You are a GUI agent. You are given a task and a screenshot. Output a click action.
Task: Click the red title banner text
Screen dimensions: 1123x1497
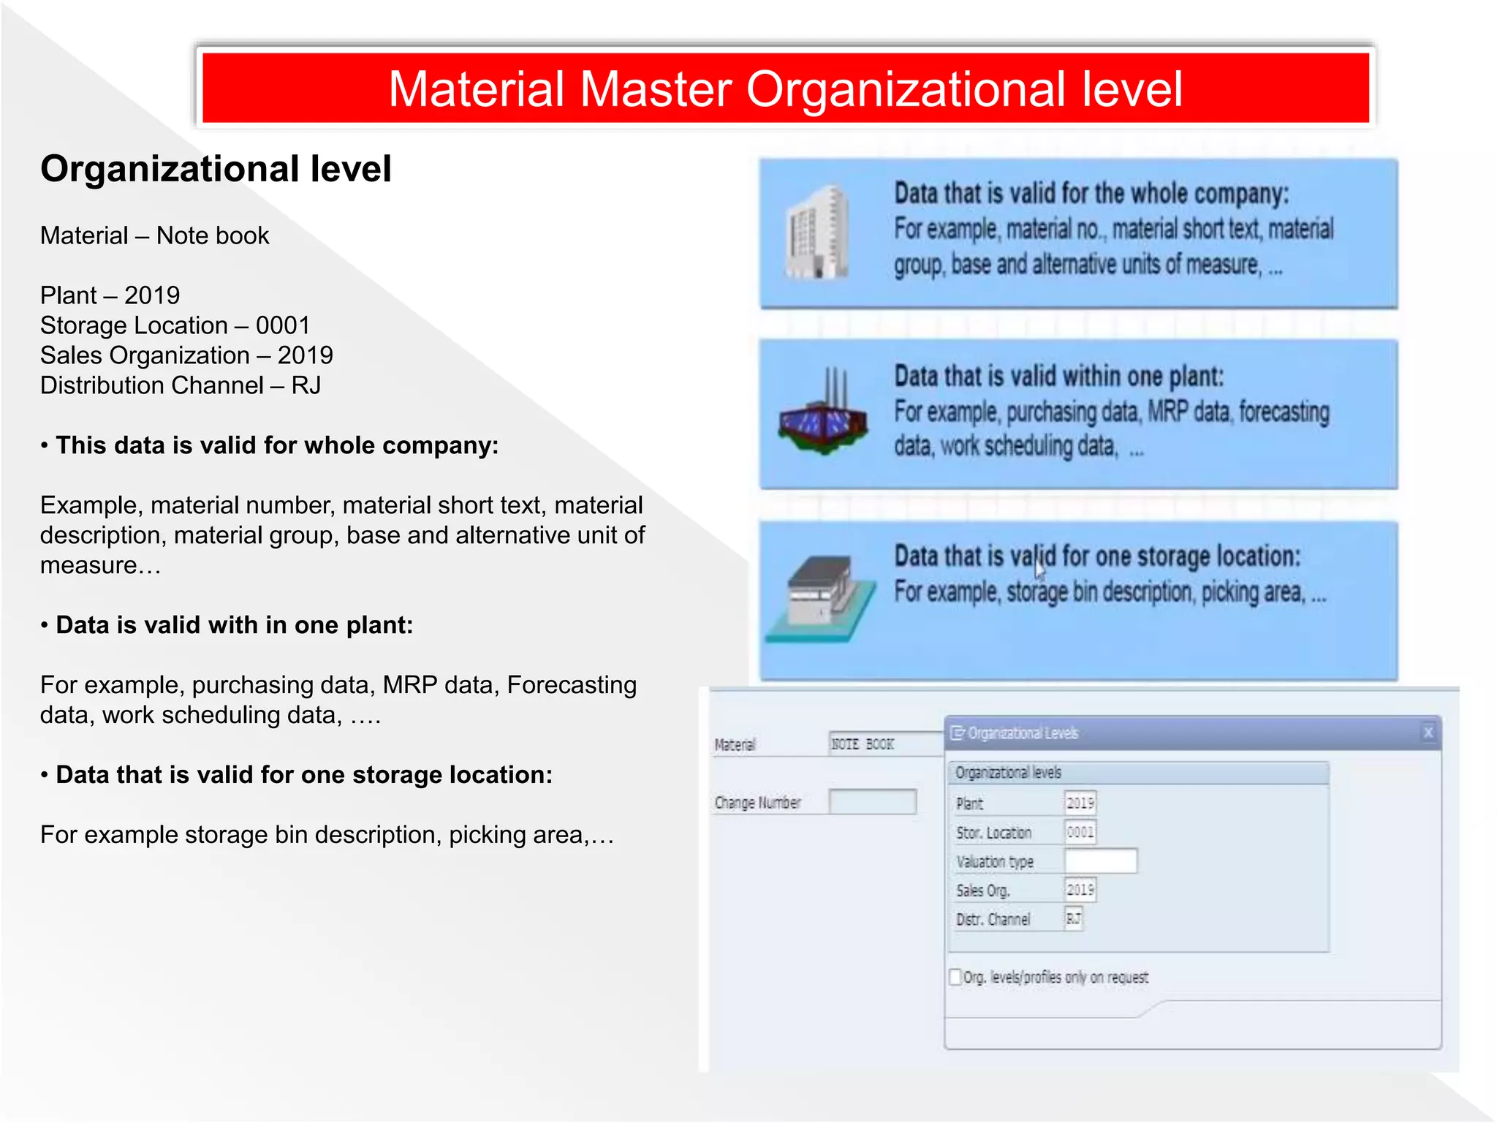[785, 89]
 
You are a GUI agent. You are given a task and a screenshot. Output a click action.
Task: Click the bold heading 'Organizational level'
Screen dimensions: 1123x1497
[216, 169]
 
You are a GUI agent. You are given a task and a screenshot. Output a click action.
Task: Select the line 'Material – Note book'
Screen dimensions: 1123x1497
[154, 236]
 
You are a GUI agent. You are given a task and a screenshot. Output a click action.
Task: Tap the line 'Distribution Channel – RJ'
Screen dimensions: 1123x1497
[180, 385]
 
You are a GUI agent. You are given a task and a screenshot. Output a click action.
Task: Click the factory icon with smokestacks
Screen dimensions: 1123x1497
[823, 414]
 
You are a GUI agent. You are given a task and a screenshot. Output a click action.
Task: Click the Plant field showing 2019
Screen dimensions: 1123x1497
[1080, 804]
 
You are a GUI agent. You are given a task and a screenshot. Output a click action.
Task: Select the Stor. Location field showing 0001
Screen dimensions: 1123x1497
[1080, 832]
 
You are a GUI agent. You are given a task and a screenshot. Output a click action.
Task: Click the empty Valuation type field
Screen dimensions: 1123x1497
[1100, 861]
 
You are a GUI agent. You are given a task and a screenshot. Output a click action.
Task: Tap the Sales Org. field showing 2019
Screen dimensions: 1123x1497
[1080, 890]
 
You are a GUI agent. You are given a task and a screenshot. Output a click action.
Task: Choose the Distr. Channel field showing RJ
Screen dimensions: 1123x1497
[1073, 919]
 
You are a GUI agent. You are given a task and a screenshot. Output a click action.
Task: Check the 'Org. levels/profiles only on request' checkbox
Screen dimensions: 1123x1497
[955, 978]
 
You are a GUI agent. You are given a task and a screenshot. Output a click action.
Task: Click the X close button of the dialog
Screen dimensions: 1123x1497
[1428, 733]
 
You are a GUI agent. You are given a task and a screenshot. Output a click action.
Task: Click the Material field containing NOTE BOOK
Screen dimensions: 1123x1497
[885, 744]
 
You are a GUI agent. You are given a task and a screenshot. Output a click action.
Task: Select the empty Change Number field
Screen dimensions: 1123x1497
[873, 802]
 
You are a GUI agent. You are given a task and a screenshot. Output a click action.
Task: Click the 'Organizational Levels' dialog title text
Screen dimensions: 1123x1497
[1023, 733]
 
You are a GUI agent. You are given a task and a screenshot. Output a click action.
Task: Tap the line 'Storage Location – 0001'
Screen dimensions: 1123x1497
[175, 325]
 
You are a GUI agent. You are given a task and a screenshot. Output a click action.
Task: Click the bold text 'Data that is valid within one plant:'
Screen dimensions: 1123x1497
[1058, 377]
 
